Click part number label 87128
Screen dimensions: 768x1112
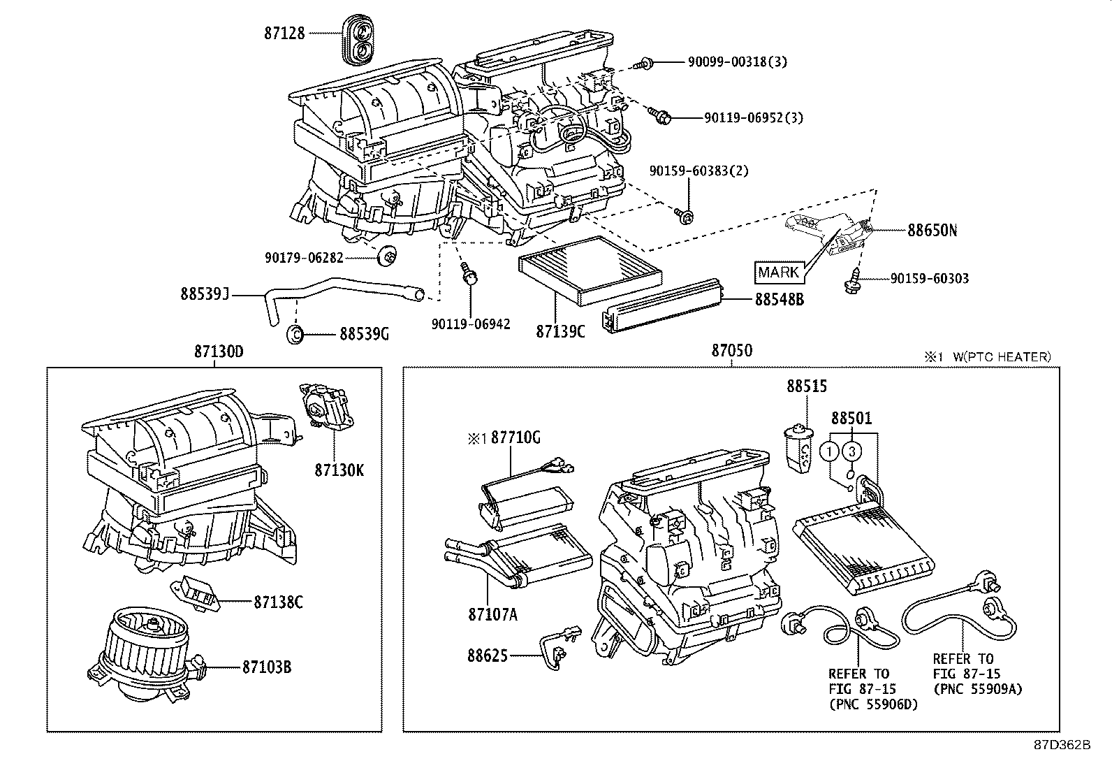[x=284, y=33]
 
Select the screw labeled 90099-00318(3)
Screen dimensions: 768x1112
[x=643, y=64]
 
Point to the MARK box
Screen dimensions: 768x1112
[x=778, y=271]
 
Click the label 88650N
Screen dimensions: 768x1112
[x=932, y=230]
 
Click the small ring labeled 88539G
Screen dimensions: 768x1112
[x=295, y=334]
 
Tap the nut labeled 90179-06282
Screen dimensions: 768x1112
[x=386, y=257]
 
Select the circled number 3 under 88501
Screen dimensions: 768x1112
[x=851, y=451]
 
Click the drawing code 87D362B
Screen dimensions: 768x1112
[x=1062, y=745]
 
